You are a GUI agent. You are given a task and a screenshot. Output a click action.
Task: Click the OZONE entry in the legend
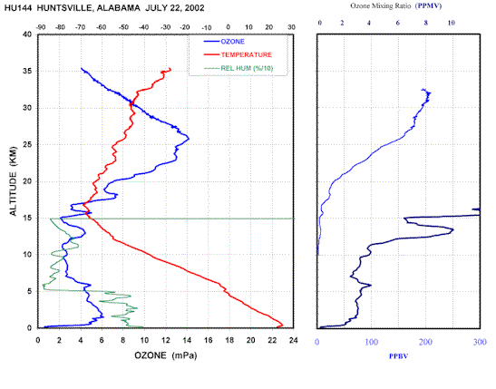click(232, 42)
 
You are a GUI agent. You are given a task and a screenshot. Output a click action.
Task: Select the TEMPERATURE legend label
click(246, 54)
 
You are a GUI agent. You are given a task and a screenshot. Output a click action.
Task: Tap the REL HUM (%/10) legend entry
click(247, 68)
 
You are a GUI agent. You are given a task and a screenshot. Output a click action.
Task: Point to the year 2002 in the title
click(195, 7)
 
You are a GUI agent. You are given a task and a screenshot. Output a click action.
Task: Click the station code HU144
click(18, 7)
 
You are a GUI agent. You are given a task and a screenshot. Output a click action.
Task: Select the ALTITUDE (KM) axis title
click(13, 181)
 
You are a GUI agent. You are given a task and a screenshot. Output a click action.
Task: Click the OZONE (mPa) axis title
click(166, 355)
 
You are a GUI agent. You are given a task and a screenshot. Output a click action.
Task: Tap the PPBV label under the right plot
click(399, 356)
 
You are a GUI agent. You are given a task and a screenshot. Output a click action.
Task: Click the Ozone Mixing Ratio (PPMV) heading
click(395, 5)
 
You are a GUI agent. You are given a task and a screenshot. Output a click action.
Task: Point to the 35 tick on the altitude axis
click(27, 71)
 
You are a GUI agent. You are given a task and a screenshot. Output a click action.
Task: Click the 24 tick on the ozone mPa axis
click(293, 340)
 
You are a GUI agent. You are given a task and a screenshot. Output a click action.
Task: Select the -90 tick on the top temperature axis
click(41, 27)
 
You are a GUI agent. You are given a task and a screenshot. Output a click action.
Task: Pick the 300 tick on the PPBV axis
click(480, 342)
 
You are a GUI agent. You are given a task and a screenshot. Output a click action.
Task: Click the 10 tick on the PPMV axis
click(452, 23)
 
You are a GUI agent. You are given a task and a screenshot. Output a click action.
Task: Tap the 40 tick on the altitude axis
click(27, 34)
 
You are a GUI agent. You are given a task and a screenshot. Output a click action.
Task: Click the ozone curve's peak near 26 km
click(189, 138)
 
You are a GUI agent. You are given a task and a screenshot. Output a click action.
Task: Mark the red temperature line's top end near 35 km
click(170, 69)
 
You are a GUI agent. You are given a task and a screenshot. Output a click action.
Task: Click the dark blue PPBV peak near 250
click(453, 230)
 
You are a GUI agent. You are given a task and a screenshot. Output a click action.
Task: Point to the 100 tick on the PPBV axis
click(372, 342)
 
